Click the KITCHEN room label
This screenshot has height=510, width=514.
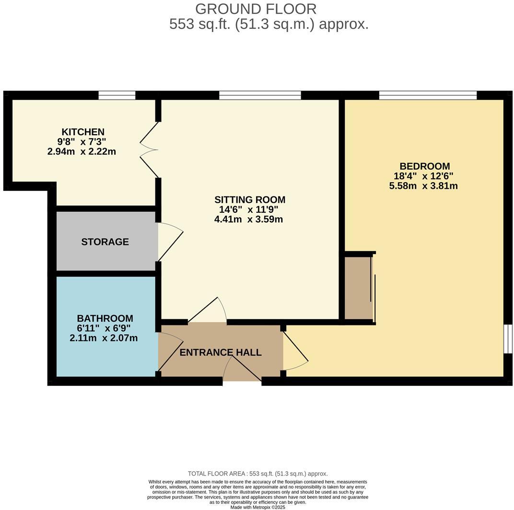83,132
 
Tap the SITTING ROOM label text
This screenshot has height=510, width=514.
249,200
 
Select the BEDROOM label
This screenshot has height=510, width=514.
423,166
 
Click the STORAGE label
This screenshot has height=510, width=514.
105,242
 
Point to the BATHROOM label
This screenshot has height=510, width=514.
105,318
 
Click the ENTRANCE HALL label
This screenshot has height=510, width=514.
221,353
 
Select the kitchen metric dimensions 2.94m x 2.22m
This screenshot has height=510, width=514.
82,152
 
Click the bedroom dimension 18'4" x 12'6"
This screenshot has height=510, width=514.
423,176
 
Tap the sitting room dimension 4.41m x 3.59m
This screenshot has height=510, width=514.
248,220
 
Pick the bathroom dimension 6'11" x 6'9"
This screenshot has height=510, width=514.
104,328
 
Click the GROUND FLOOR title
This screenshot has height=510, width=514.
256,9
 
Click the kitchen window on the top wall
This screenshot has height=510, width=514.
117,95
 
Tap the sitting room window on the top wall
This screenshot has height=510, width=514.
260,95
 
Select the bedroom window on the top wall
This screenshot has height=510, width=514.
428,95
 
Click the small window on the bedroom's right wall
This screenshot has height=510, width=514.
508,339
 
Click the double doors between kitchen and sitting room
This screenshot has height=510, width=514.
150,149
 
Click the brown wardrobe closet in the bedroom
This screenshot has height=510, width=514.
358,288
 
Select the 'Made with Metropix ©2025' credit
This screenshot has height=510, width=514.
257,507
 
